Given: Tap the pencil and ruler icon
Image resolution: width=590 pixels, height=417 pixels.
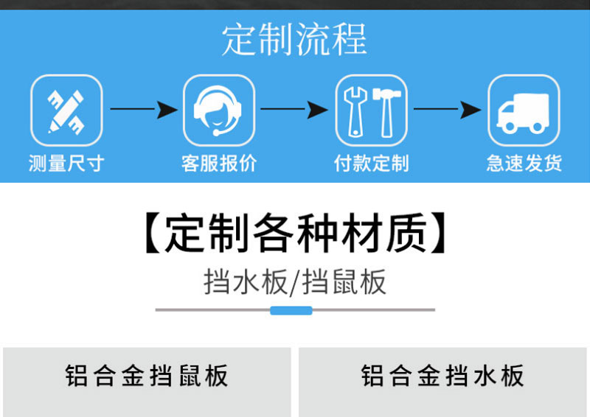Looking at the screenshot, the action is (x=66, y=111).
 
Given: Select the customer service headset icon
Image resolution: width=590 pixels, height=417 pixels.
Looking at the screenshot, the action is (x=219, y=111).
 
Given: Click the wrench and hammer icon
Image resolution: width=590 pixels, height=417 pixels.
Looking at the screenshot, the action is (x=372, y=111).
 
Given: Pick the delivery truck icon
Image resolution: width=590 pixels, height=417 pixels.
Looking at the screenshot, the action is (x=524, y=111).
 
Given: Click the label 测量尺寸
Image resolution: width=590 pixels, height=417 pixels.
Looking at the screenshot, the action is (x=66, y=163).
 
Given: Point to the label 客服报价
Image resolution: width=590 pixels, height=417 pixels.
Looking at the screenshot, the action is (x=219, y=163).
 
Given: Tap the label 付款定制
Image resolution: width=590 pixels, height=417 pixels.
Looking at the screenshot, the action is (x=372, y=163).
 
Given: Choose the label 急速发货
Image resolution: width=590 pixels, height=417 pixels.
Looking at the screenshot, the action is (x=524, y=163).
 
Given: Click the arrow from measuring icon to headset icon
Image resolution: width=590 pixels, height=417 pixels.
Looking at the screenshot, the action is (x=143, y=110).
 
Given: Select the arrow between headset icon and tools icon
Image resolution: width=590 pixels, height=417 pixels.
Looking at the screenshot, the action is (x=295, y=110).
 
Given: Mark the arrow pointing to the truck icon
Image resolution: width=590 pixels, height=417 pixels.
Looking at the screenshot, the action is (x=448, y=110).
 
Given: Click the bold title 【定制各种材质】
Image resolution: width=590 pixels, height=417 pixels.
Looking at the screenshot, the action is (x=294, y=232).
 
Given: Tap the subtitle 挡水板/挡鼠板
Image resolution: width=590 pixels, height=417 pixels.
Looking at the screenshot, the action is (x=294, y=282).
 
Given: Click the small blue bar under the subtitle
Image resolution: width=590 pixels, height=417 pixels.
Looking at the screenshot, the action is (x=291, y=310).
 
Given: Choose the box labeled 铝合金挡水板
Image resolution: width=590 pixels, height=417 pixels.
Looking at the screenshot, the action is (x=443, y=377).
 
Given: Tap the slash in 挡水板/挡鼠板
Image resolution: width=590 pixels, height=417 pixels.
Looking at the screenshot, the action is (x=294, y=283).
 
